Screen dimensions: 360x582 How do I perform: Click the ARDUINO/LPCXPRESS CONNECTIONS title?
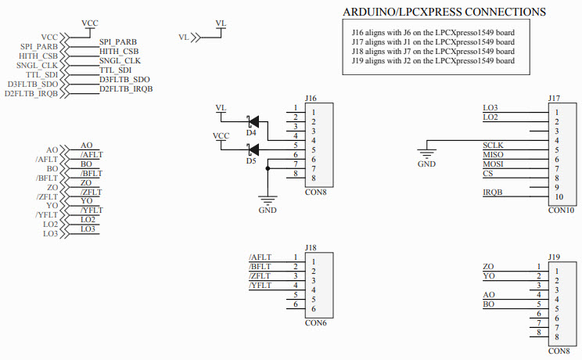444,13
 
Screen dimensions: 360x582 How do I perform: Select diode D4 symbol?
253,122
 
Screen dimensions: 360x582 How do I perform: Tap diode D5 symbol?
253,150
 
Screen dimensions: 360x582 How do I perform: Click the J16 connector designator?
311,98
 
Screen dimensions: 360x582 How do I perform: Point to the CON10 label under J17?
562,211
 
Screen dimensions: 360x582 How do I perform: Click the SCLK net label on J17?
494,146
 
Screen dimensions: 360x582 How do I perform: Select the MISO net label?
494,155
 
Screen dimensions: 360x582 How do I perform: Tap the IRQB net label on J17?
493,193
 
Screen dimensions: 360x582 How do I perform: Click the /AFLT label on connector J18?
260,257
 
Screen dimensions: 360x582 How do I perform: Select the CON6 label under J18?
315,322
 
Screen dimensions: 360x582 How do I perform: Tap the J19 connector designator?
554,257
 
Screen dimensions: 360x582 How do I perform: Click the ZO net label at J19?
489,267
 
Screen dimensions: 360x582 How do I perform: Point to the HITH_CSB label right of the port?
119,51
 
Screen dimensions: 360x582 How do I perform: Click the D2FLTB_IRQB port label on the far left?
31,94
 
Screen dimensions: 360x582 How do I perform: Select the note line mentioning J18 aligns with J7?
433,51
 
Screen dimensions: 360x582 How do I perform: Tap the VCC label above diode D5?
221,136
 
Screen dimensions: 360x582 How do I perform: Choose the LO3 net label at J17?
490,108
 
